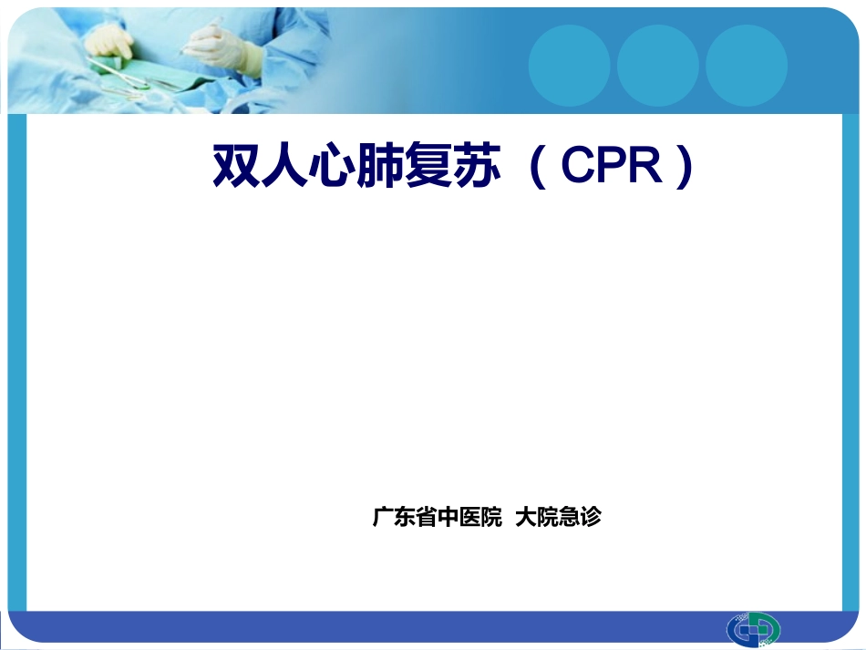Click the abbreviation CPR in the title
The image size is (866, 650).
point(612,165)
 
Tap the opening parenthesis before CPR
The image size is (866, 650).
point(538,166)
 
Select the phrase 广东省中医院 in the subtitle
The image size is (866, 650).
point(437,518)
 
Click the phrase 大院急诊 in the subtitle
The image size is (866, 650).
point(558,518)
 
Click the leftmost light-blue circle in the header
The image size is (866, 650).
point(569,66)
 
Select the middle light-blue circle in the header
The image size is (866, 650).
point(657,66)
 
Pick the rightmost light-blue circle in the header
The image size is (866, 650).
point(746,66)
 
